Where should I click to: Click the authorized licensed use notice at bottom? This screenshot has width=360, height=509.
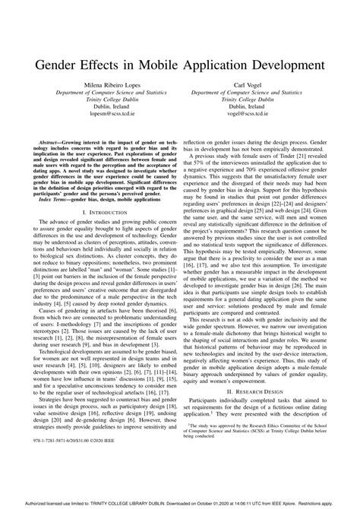click(x=180, y=502)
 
